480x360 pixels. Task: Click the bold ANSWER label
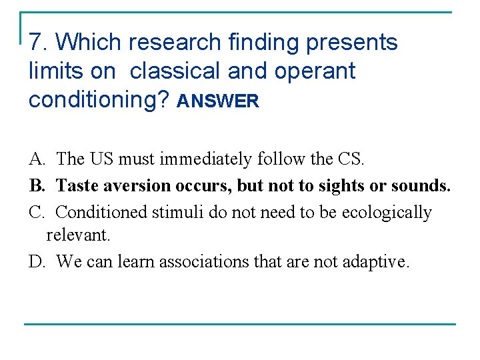click(217, 101)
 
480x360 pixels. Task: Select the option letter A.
click(36, 159)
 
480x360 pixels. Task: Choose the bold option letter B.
click(36, 186)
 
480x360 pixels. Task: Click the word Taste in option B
click(77, 186)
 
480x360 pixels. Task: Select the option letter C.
click(36, 213)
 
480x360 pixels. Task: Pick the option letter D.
click(36, 262)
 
